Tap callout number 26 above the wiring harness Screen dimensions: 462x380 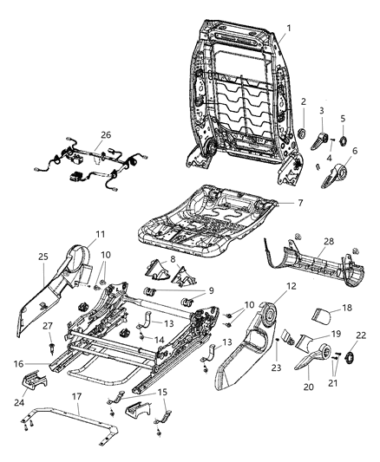[106, 134]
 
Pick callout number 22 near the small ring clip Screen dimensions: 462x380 [361, 335]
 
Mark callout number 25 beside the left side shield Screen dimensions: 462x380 [44, 257]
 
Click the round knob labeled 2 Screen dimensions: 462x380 [304, 133]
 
